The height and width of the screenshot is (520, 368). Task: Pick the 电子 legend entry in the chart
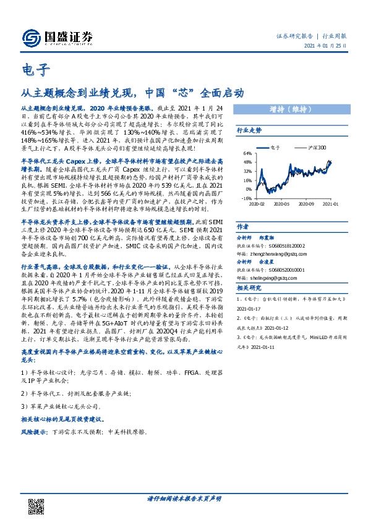pos(276,148)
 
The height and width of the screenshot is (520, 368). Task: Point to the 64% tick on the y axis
pos(247,153)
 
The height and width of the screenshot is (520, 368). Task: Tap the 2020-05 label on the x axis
pos(281,203)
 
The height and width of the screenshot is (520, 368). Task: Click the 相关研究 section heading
pos(249,288)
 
